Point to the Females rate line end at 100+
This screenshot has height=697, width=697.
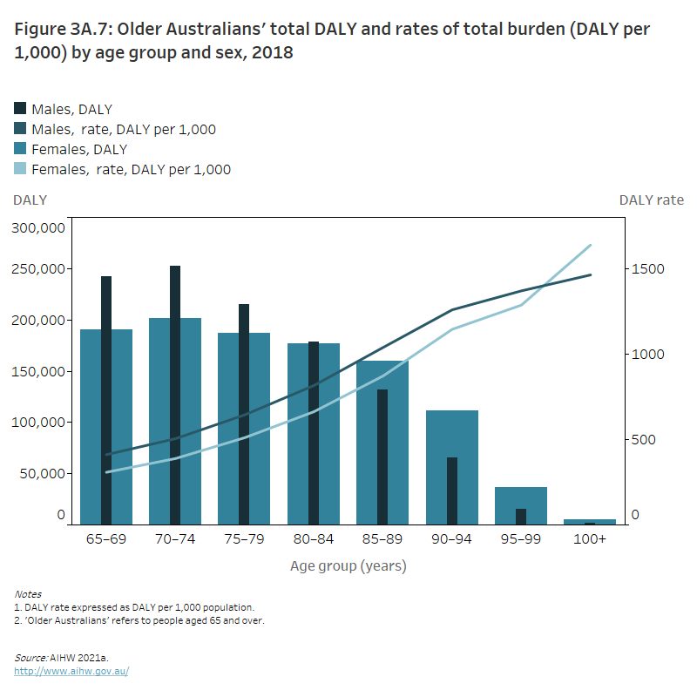pos(590,246)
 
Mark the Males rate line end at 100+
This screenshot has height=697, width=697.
pos(590,275)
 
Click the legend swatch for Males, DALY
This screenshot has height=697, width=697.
pos(20,109)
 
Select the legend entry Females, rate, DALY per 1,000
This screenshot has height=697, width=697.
pos(131,170)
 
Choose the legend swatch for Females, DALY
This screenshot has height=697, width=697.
pos(20,150)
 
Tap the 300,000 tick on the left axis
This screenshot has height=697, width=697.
pos(38,228)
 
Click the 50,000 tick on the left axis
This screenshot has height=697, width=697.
pos(42,473)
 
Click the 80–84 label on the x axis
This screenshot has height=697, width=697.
pos(313,539)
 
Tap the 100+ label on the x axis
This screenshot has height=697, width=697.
pos(590,539)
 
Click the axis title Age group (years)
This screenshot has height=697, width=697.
pos(348,566)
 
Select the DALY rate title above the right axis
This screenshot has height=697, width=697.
pos(651,200)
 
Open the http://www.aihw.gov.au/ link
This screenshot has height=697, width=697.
pos(71,672)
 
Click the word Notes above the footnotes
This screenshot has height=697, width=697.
pos(28,594)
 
